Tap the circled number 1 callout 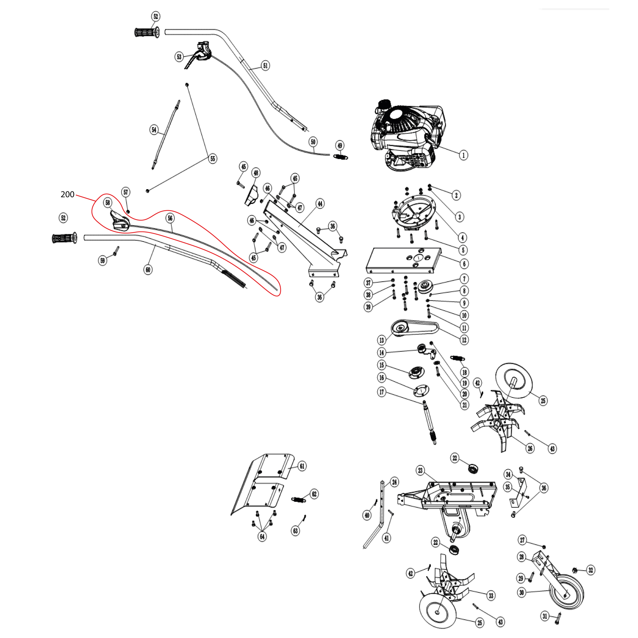pos(463,155)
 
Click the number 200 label pos(67,194)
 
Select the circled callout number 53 pos(179,57)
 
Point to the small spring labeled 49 pos(340,157)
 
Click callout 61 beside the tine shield pos(302,466)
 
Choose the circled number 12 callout pos(464,340)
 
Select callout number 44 pos(320,204)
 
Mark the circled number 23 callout pos(420,470)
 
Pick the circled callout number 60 pos(148,270)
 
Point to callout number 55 pos(213,159)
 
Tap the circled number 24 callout pos(394,482)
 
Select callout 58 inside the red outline pos(108,203)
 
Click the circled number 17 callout pos(382,392)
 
